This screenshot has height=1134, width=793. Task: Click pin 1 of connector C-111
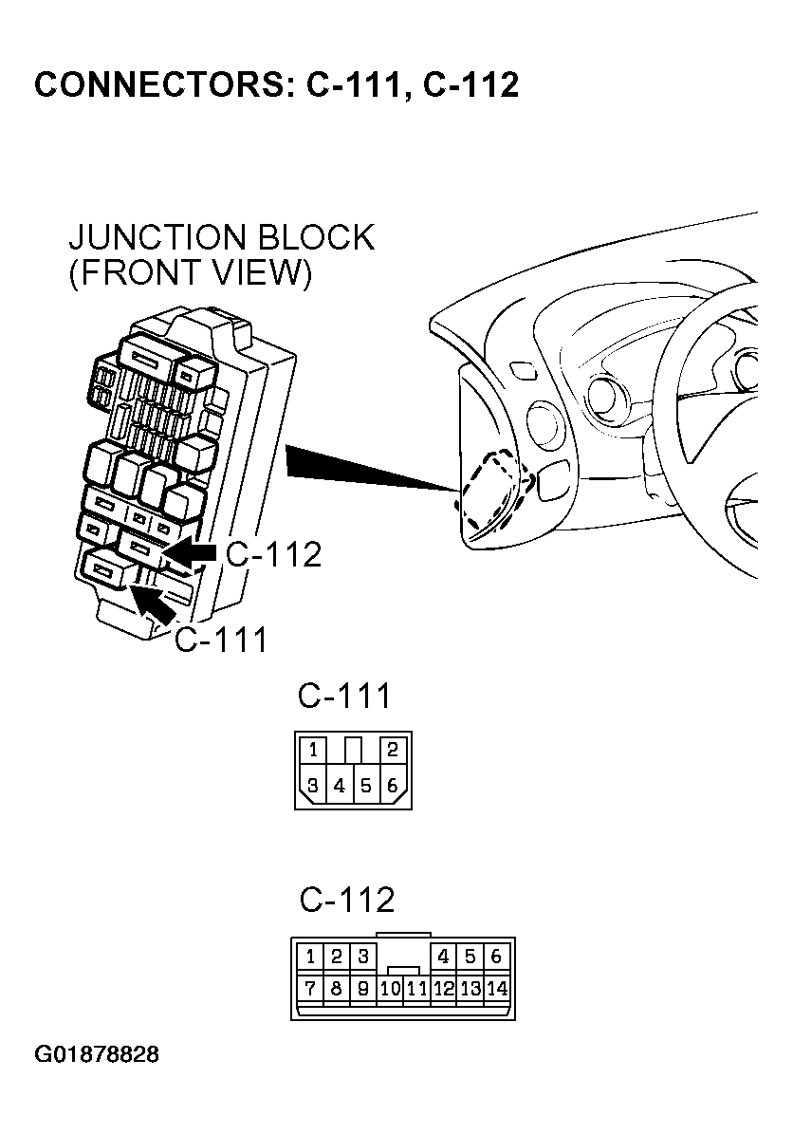point(312,750)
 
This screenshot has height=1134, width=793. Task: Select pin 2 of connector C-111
point(393,750)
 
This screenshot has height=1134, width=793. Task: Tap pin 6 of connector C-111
point(393,786)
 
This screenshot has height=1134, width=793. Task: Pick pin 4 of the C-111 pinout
point(340,786)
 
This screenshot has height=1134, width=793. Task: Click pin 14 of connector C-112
point(497,989)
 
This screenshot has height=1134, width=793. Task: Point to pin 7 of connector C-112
point(310,989)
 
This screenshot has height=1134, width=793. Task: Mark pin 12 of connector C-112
point(443,989)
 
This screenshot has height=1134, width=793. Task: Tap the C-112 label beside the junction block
point(273,555)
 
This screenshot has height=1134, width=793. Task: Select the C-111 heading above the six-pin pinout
point(344,697)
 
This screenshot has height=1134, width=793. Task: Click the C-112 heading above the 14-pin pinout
point(347,899)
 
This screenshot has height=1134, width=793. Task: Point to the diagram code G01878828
point(97,1055)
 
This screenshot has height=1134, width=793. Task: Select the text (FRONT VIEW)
point(191,273)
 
